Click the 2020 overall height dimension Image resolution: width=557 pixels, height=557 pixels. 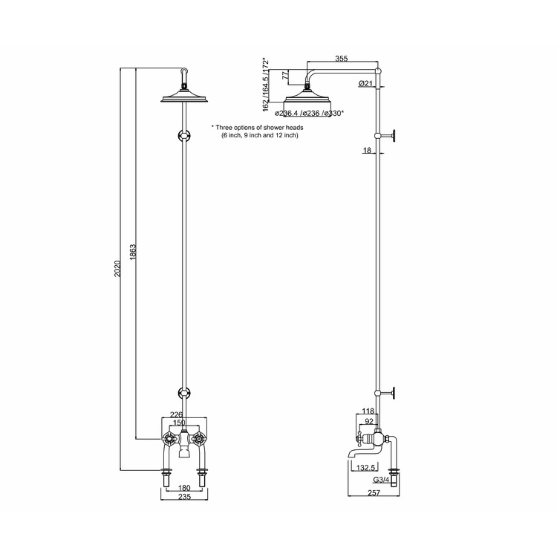coord(117,269)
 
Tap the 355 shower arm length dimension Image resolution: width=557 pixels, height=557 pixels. coord(341,58)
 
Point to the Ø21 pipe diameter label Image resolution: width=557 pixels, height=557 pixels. coord(365,84)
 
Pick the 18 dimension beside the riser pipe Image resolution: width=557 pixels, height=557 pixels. coord(367,151)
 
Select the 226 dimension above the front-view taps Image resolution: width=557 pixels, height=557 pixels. coord(177,415)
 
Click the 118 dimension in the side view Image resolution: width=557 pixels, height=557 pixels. coord(367,411)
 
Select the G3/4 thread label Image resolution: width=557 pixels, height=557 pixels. coord(383,481)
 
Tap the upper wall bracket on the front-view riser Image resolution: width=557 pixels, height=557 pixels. coord(183,136)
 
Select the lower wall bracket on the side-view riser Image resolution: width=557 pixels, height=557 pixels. coord(389,394)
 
